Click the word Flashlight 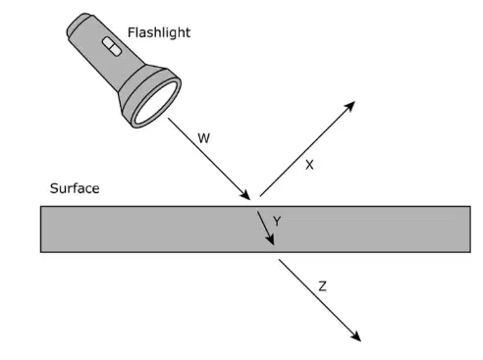[x=159, y=32]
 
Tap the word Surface [x=75, y=188]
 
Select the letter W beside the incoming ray [x=203, y=138]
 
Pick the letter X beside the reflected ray [x=309, y=165]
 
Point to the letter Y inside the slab [x=277, y=222]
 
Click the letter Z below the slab [x=322, y=286]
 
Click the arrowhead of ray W [x=245, y=195]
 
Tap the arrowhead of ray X [x=350, y=106]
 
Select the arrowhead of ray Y [x=270, y=239]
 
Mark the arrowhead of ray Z [x=356, y=336]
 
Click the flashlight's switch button [x=112, y=46]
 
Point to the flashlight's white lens [x=156, y=102]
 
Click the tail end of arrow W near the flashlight [x=169, y=119]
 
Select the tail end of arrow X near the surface [x=260, y=196]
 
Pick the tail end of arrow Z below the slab [x=279, y=260]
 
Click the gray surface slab [x=255, y=230]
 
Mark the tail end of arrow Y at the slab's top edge [x=257, y=212]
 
